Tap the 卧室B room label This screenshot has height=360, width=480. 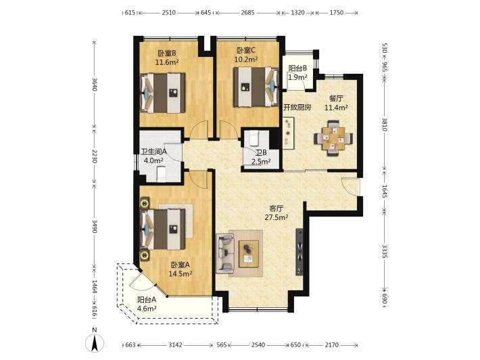(167, 53)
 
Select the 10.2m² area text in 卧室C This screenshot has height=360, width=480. (246, 60)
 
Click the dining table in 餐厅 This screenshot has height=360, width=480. (333, 139)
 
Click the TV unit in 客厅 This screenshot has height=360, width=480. (299, 252)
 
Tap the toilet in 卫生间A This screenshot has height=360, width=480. (161, 174)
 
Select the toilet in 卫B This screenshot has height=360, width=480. (254, 138)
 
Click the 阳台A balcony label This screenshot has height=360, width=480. (147, 299)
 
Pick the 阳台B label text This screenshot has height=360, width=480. (298, 68)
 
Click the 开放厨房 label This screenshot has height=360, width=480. (297, 107)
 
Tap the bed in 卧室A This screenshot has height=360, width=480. (163, 229)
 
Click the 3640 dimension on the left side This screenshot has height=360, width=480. (95, 85)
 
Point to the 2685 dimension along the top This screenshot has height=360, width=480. (247, 13)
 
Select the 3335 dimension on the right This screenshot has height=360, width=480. (385, 250)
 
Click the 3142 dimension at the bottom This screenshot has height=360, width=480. (175, 345)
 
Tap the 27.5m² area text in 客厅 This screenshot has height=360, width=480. (276, 217)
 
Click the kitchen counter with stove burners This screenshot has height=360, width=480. (288, 133)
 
